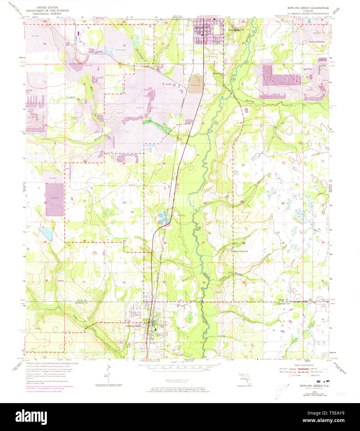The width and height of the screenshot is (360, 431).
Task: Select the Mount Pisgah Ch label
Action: (241, 251)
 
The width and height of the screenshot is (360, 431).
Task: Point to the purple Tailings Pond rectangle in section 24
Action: (55, 199)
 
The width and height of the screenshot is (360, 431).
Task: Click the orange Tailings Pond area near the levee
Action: (195, 84)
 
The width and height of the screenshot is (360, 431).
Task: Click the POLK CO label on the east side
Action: (283, 300)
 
